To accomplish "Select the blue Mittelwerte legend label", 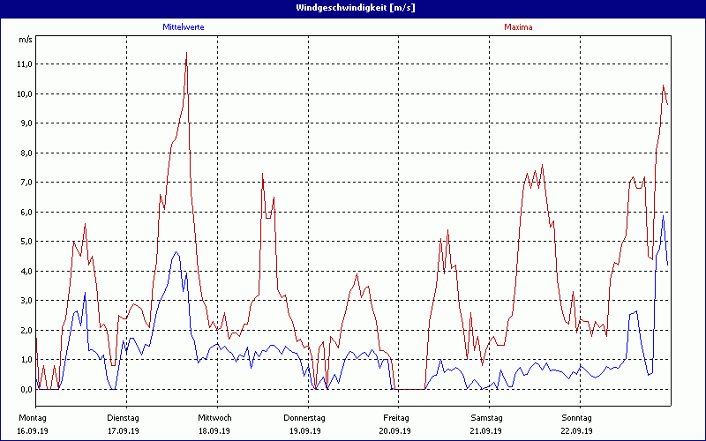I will (x=184, y=27).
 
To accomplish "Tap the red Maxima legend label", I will (x=518, y=27).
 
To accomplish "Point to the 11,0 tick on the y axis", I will (x=24, y=64).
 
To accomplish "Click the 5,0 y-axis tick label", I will (x=24, y=242).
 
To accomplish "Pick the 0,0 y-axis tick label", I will (x=24, y=389).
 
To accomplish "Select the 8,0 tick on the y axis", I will (x=24, y=153).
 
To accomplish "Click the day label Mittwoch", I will (x=214, y=417).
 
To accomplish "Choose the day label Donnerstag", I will (x=304, y=417).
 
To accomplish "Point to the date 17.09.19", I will (x=124, y=430).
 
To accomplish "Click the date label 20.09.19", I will (x=395, y=430).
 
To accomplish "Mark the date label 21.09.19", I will (x=486, y=430).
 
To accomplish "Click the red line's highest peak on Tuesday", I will (x=186, y=54).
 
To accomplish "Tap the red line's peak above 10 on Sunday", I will (x=663, y=86).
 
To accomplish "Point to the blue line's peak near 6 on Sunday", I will (x=663, y=216).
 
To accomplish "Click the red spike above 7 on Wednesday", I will (x=262, y=175).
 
